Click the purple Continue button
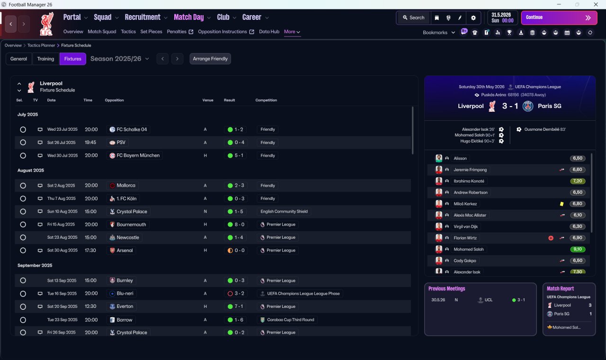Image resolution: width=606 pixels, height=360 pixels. (x=559, y=18)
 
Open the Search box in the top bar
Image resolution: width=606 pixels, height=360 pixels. (x=414, y=18)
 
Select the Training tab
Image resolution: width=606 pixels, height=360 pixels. (x=45, y=59)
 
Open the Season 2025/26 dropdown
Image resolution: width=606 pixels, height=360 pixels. (x=120, y=59)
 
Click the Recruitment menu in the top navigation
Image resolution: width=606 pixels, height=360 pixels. (x=143, y=18)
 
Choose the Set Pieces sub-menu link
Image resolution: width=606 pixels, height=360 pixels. (x=151, y=32)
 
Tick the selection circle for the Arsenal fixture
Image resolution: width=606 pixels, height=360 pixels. (x=23, y=251)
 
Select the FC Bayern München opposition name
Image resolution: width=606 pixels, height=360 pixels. (x=138, y=155)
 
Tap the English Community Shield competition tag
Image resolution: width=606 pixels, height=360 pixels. (x=284, y=211)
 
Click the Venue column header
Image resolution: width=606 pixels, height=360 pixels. (x=208, y=100)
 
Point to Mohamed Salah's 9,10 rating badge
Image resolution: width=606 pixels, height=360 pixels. (x=577, y=249)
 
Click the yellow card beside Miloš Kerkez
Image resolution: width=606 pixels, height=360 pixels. (x=561, y=204)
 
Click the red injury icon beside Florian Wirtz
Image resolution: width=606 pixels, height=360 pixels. (x=551, y=238)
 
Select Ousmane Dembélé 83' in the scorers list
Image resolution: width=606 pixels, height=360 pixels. (x=545, y=129)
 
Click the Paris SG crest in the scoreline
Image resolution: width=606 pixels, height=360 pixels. (x=528, y=106)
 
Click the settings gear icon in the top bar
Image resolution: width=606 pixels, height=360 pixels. (x=473, y=18)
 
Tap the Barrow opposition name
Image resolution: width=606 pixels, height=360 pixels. (x=125, y=320)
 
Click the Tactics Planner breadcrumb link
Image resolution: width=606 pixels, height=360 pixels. (x=41, y=45)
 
